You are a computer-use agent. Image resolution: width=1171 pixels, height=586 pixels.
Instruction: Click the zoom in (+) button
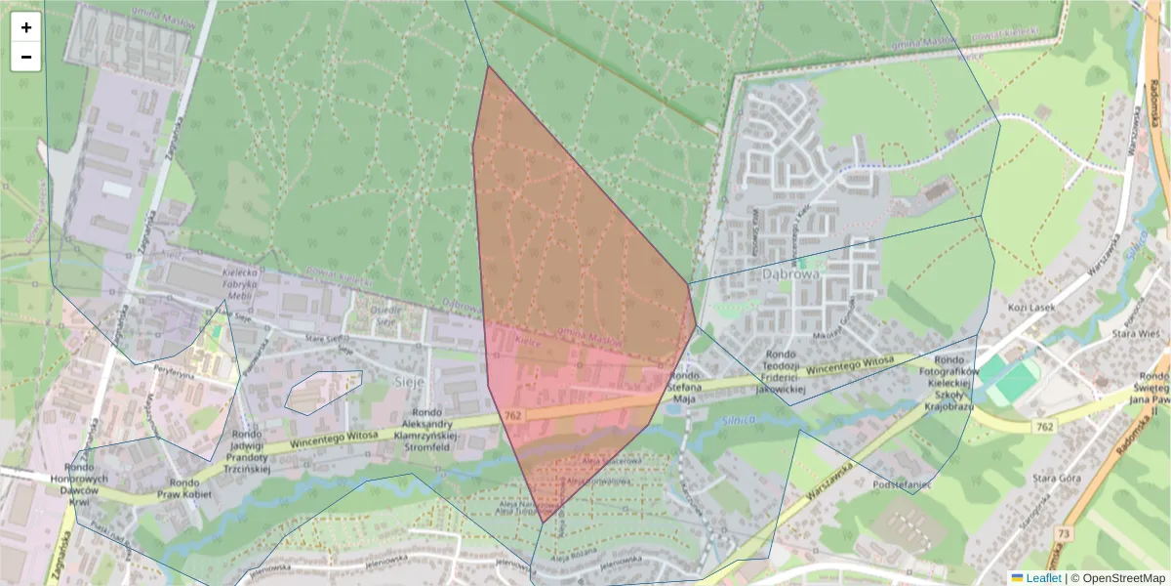26,27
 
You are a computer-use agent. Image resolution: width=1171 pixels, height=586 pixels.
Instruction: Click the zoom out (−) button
26,57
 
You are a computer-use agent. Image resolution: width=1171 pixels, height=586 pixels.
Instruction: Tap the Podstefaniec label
905,456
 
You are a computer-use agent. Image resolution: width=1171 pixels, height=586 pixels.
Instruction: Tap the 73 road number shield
1062,533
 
